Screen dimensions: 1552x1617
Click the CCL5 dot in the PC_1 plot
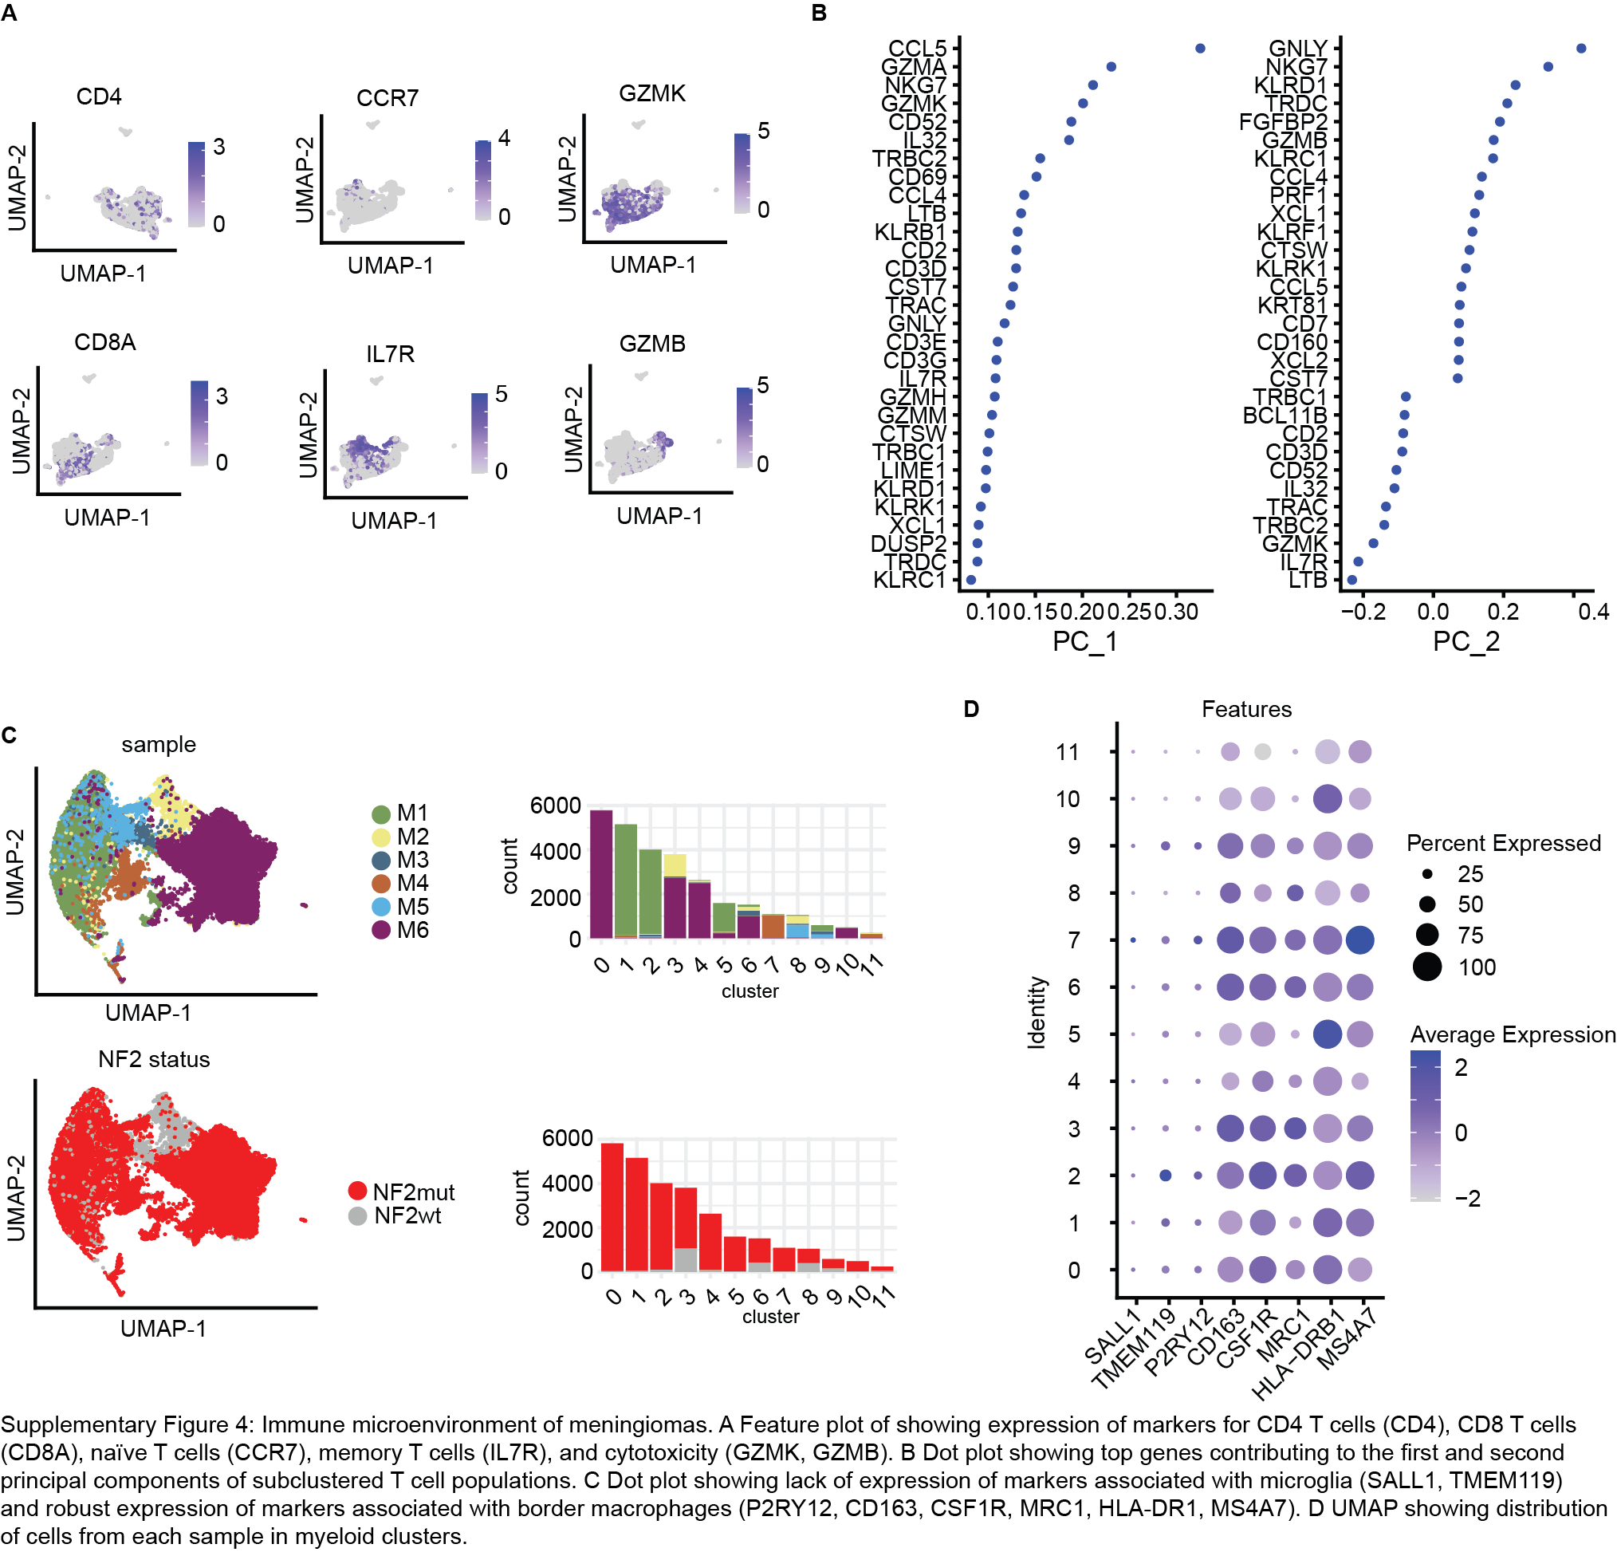pos(1199,49)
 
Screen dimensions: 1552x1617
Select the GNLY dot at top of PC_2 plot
pos(1580,49)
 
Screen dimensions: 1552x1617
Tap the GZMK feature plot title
pos(651,93)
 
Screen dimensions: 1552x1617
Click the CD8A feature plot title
pos(104,341)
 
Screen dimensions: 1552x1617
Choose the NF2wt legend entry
pos(396,1215)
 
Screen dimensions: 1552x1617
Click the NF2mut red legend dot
pos(357,1191)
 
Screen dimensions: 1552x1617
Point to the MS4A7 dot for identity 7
pos(1359,939)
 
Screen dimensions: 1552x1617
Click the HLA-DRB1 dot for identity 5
pos(1327,1034)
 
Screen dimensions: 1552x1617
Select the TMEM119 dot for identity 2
pos(1166,1175)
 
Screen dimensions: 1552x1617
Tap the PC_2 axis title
pos(1466,641)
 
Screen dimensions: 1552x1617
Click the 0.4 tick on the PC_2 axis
pos(1593,612)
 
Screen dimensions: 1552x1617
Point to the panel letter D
pos(971,709)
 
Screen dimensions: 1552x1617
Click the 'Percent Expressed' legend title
pos(1503,843)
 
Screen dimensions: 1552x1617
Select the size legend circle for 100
pos(1427,966)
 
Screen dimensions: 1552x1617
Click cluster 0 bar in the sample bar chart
pos(601,875)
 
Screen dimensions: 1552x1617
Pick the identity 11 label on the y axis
pos(1068,751)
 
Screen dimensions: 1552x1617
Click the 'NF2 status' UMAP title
pos(154,1059)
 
